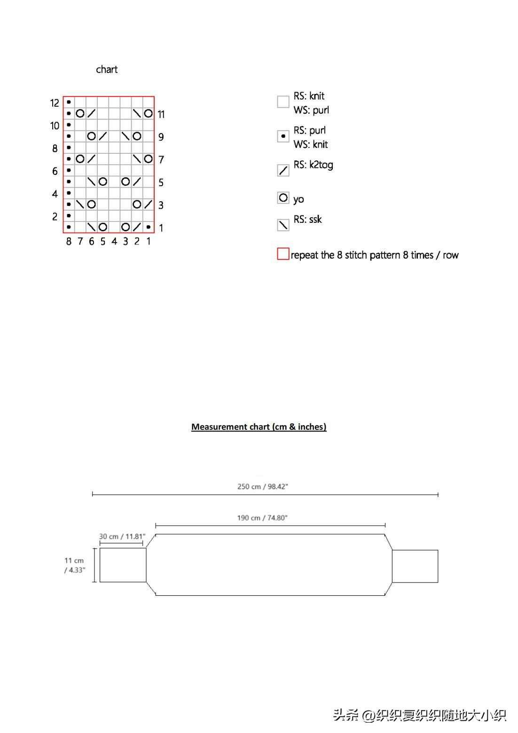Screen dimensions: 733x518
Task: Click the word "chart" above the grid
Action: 107,70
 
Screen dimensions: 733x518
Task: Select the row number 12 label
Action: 55,103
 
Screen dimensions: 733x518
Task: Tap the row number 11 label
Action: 161,114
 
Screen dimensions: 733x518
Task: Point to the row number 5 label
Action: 161,182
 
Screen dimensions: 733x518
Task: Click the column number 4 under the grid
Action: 114,241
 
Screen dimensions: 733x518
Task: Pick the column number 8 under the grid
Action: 69,241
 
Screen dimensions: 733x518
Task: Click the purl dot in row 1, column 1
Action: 149,227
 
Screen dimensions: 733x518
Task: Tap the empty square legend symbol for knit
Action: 283,102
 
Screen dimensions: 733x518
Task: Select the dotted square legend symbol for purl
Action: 283,136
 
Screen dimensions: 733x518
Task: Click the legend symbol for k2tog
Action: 283,170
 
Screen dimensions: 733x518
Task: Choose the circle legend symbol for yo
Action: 283,198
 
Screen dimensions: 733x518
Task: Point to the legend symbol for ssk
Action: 283,225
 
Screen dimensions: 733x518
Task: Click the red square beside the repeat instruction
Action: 283,254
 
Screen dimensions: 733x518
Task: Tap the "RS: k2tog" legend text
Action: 313,165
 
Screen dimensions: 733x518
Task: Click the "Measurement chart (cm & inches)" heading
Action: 259,427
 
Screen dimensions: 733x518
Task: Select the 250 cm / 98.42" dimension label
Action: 262,487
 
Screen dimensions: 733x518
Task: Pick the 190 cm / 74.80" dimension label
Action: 262,518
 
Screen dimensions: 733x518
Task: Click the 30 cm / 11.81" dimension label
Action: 122,536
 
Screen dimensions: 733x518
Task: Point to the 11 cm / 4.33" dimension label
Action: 74,565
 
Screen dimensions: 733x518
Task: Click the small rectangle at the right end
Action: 415,566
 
